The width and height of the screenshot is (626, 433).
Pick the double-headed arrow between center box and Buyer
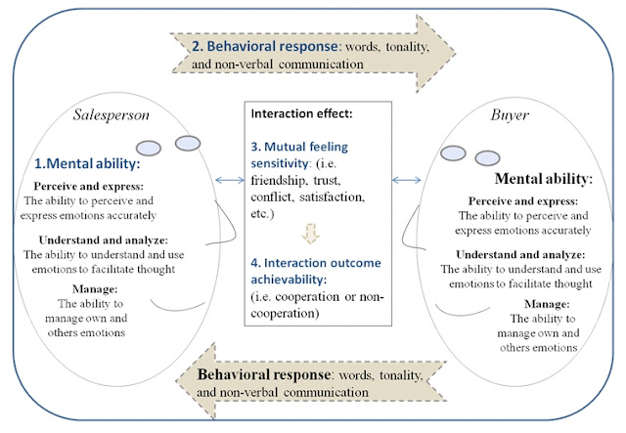[x=405, y=179]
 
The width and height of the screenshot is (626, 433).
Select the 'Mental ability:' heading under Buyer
[x=545, y=180]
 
